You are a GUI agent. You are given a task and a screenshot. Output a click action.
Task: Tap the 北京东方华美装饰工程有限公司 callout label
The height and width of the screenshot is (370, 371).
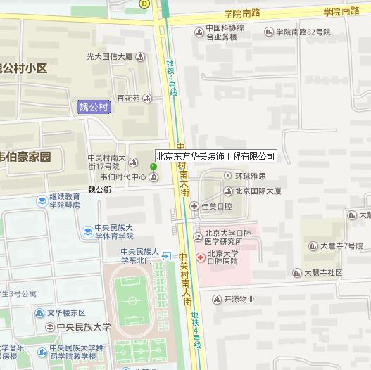(215, 156)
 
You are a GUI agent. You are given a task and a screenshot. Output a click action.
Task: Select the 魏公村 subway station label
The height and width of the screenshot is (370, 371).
(94, 107)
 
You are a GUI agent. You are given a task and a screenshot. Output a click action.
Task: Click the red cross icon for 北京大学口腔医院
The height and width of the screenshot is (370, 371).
(201, 257)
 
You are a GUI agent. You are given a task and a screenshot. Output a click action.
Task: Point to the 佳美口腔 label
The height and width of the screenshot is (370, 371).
(217, 206)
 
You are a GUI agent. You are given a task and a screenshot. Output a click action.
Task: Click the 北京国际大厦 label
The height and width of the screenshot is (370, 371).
(258, 191)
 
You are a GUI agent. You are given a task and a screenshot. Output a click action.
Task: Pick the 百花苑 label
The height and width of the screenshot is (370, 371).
(129, 98)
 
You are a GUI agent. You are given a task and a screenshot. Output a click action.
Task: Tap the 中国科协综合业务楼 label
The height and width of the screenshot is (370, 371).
(225, 33)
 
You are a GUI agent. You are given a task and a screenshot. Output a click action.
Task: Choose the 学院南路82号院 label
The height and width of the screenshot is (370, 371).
(303, 32)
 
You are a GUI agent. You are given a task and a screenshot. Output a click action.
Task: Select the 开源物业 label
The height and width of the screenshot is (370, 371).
(239, 299)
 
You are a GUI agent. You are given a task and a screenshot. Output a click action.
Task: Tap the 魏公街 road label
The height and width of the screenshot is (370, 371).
(99, 190)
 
